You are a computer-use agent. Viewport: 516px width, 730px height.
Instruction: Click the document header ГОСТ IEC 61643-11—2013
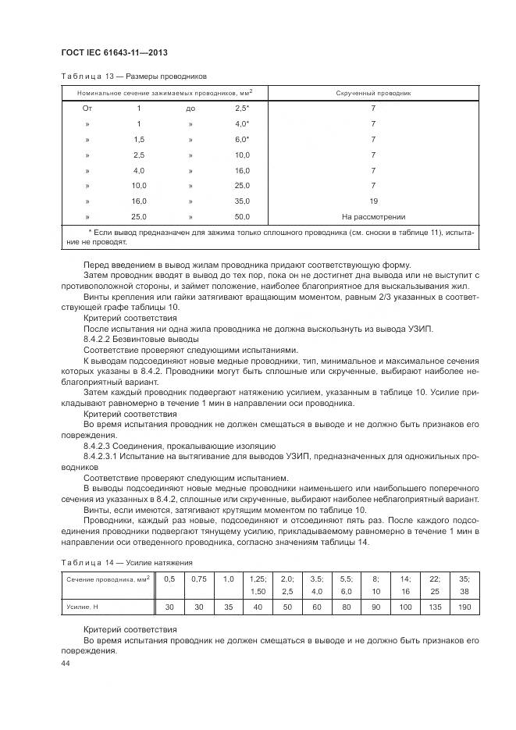pos(115,52)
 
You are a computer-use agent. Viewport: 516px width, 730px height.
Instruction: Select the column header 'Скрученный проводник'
pos(373,93)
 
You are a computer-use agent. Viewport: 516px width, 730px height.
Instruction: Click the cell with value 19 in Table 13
pos(373,201)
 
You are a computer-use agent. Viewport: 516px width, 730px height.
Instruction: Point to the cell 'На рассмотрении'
pos(373,216)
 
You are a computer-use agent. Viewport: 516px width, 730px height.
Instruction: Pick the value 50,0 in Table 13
pos(242,216)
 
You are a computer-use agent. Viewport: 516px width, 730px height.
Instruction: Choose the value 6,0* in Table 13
pos(242,139)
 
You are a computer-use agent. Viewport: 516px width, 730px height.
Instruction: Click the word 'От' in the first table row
pos(87,108)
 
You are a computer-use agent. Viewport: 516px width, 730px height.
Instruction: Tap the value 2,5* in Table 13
pos(242,108)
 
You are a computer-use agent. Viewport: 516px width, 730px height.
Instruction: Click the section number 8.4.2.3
pos(99,443)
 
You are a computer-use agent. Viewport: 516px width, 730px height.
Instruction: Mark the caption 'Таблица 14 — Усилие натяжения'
pos(126,561)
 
